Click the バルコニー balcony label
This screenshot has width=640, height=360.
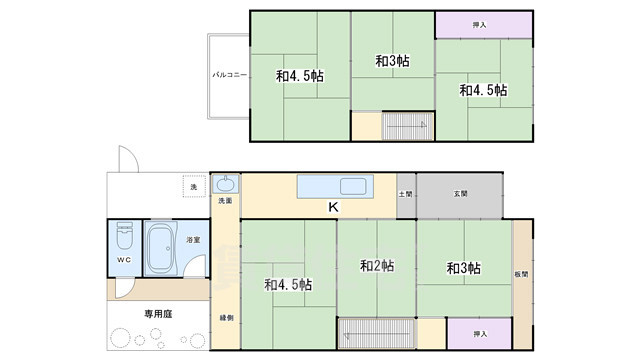[223, 75]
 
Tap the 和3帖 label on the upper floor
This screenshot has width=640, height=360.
[392, 61]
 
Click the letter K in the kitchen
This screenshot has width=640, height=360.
[333, 208]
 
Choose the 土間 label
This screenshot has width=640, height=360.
[405, 194]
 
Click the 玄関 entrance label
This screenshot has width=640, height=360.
[460, 194]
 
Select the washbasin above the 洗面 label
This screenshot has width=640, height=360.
[226, 184]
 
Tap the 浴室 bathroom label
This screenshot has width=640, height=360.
[192, 240]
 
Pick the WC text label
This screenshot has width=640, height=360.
[123, 260]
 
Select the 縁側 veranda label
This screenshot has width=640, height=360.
[227, 317]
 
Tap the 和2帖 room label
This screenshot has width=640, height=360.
[376, 266]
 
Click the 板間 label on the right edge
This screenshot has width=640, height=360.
[523, 274]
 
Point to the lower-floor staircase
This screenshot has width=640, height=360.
[377, 332]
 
